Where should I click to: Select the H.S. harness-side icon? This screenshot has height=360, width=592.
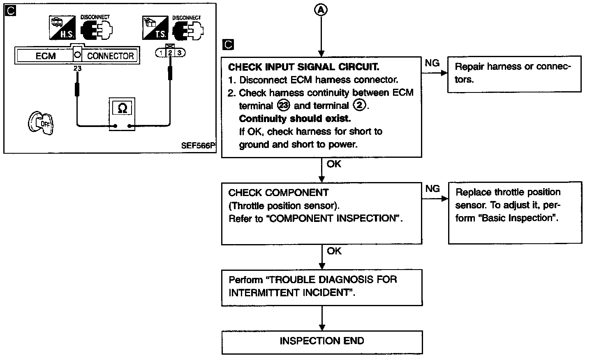click(60, 28)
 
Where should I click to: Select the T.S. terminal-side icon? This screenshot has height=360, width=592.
click(154, 28)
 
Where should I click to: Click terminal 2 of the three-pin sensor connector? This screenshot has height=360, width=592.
click(170, 53)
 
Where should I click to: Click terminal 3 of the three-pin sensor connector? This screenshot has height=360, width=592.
click(179, 53)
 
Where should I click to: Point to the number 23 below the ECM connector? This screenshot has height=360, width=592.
click(77, 69)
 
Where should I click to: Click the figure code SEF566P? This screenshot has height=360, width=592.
click(198, 146)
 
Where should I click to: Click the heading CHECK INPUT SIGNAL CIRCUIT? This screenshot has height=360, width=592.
click(303, 67)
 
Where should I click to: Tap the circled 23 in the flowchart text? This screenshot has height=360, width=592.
click(284, 106)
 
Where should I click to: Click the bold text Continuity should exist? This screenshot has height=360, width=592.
click(295, 119)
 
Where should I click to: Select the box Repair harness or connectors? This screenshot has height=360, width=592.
click(513, 73)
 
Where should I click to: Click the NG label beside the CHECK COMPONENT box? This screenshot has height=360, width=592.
click(432, 189)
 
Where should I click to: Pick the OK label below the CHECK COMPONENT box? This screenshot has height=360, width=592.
click(334, 251)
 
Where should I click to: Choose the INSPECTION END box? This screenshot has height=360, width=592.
click(322, 341)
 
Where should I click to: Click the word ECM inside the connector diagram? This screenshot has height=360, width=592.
click(45, 56)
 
